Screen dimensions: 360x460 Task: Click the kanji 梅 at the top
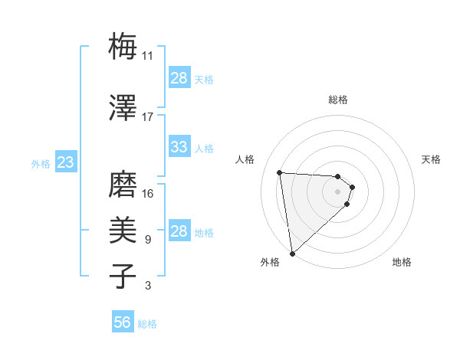point(123,47)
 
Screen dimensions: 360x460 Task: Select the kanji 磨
point(123,184)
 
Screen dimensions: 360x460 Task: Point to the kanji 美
point(123,231)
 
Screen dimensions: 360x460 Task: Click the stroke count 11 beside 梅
point(148,56)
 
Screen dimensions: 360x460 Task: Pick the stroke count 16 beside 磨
point(148,193)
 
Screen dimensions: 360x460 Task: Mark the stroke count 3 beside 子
point(148,286)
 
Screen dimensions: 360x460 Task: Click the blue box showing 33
point(179,147)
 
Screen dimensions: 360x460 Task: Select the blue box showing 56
point(122,322)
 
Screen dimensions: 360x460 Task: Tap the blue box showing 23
point(66,162)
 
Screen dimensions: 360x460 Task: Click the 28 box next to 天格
point(179,78)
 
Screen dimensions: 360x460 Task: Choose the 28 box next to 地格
point(179,231)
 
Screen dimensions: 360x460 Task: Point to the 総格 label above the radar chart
point(338,100)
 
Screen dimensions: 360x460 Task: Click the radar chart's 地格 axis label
point(402,263)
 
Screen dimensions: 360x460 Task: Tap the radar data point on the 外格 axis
point(292,253)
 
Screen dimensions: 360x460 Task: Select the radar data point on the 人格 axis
point(280,172)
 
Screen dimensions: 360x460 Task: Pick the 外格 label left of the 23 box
point(40,164)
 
